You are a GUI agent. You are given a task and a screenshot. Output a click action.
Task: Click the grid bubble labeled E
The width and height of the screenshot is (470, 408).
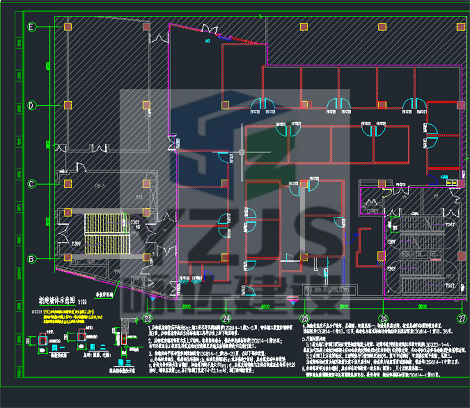[32, 27]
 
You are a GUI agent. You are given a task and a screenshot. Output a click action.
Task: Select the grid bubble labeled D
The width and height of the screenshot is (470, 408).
[32, 105]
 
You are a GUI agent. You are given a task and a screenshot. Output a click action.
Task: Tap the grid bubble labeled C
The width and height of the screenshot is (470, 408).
[32, 183]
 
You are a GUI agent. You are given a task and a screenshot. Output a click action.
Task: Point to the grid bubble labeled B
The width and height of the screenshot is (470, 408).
[32, 258]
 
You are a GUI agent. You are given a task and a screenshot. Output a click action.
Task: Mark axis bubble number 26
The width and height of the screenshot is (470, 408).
[383, 318]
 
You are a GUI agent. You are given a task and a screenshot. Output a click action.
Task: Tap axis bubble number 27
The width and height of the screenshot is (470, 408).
[462, 318]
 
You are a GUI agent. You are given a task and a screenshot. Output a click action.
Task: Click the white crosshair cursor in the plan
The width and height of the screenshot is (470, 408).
[242, 152]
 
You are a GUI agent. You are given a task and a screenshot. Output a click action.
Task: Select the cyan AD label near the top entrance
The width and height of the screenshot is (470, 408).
[207, 42]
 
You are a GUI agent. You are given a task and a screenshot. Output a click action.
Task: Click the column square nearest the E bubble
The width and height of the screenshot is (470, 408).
[68, 27]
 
